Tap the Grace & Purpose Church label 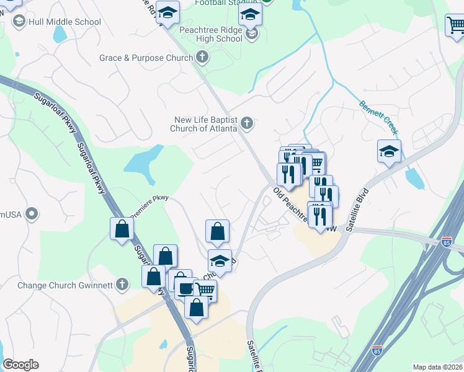tap(146, 58)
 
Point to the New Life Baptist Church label tap(205, 124)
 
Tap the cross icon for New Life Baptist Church tap(247, 123)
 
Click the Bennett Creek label tap(378, 114)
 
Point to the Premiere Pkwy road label tap(149, 208)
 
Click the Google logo tap(20, 365)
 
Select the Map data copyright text tap(438, 367)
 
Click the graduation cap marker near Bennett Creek tap(389, 151)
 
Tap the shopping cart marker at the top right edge tap(455, 26)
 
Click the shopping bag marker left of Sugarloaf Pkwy tap(122, 228)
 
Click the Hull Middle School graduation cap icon tap(19, 22)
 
